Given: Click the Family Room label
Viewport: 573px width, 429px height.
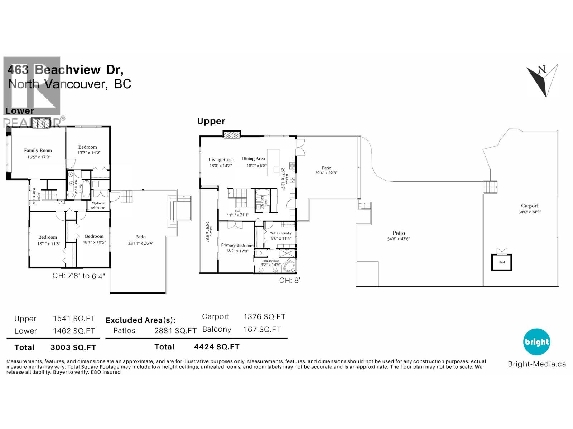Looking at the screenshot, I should point(38,151).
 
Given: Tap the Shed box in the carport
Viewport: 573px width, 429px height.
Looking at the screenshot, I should point(501,262).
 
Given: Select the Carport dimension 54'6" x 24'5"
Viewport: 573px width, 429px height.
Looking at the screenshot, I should point(529,212).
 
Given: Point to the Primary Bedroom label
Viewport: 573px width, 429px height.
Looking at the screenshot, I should point(237,245).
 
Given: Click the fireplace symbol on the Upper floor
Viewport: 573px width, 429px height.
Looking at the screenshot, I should point(232,135).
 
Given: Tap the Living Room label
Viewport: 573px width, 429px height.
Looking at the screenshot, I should point(221,160).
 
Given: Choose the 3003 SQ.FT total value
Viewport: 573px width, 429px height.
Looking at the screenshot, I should point(73,347).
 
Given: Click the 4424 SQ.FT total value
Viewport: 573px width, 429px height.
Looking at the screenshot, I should point(217,347).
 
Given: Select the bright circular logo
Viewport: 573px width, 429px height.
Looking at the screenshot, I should point(536,342).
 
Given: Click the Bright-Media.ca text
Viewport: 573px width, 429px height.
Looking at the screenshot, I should point(537,364).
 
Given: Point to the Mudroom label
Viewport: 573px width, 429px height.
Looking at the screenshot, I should point(98,203).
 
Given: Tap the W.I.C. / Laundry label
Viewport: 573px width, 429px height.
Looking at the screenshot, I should point(280,233).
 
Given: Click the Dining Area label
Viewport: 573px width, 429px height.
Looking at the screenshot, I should point(253,159).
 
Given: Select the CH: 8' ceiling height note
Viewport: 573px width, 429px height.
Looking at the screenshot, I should point(289,281).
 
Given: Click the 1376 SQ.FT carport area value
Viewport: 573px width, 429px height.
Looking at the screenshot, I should point(264,317).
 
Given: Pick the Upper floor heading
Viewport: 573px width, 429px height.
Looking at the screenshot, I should point(211,122).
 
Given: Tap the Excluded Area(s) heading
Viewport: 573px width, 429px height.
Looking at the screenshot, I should point(140,320).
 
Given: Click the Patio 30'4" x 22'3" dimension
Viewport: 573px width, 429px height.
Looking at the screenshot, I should point(326,173).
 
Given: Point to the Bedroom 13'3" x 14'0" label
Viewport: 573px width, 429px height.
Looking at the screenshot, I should point(87,147).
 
